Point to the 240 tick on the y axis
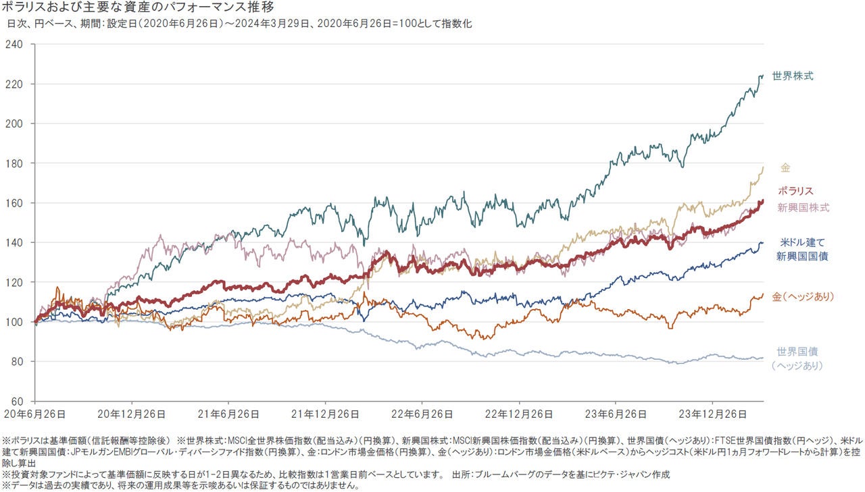(14, 45)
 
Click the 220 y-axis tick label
(14, 84)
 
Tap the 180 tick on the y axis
(14, 163)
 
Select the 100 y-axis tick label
(14, 322)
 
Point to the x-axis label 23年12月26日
(715, 413)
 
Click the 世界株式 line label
(793, 76)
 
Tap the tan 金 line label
(785, 167)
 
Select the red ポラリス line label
(795, 191)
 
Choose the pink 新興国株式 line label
(804, 207)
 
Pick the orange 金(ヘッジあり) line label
(803, 297)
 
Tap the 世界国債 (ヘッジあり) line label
(797, 358)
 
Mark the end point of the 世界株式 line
(763, 76)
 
